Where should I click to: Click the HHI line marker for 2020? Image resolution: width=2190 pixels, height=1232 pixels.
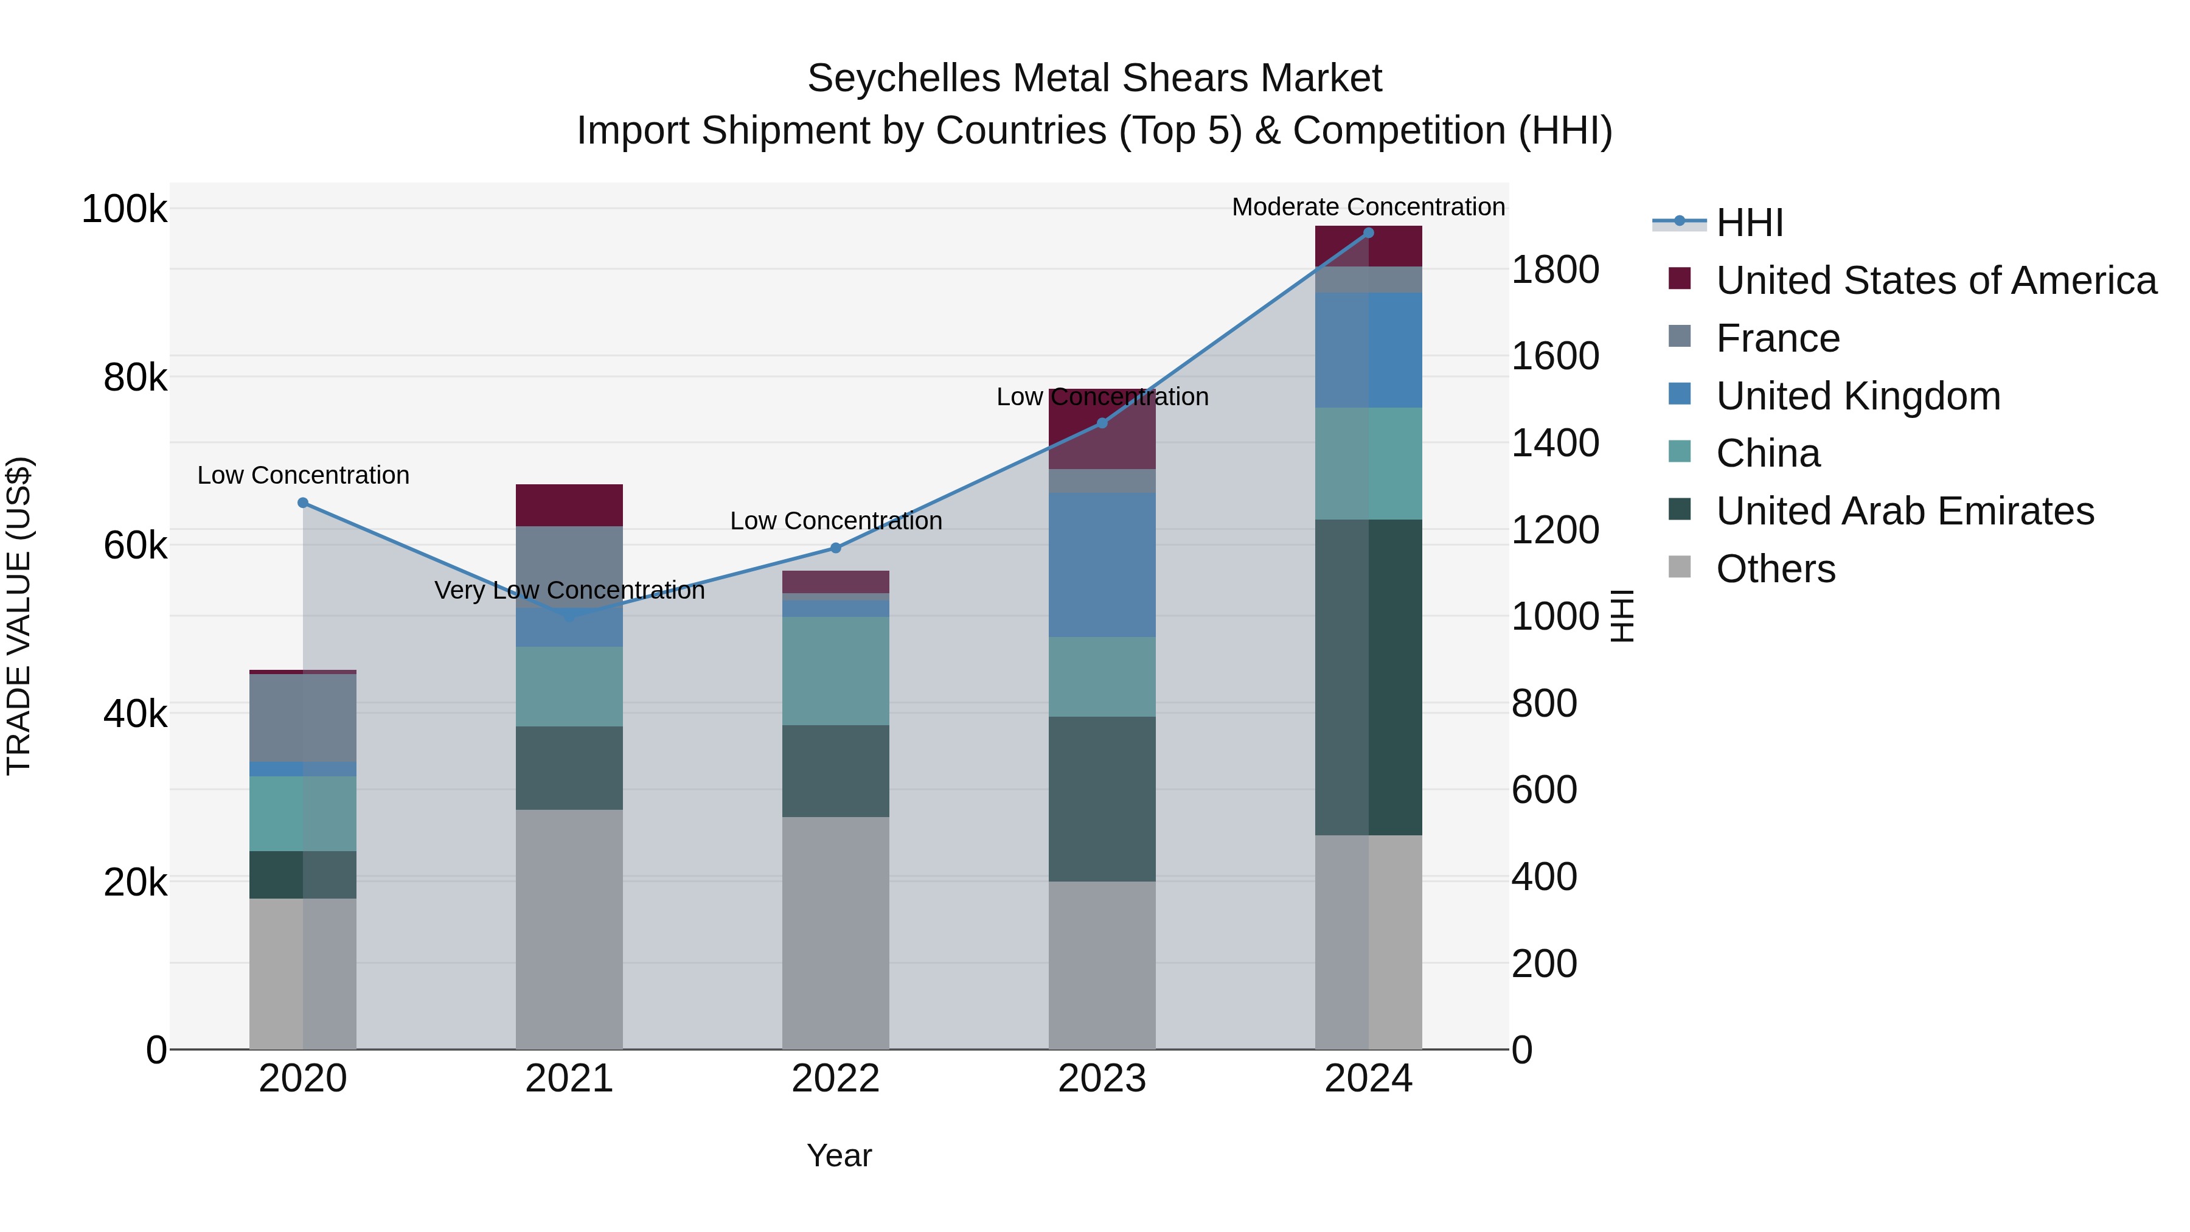point(303,503)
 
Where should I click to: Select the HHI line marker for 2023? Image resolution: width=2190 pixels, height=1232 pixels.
point(1102,423)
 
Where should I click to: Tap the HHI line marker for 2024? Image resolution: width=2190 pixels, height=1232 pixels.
point(1368,233)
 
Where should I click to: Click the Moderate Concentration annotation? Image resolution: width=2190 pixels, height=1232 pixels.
point(1368,207)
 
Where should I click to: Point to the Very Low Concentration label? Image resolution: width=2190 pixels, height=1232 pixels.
point(569,590)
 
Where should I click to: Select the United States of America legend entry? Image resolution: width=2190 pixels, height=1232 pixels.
point(1935,280)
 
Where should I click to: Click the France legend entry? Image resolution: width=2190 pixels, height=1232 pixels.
point(1777,338)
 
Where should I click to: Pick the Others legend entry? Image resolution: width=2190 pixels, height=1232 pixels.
point(1775,569)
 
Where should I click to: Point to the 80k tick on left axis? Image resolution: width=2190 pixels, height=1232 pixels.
point(134,377)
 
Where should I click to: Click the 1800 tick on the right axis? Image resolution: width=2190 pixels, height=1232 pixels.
point(1555,270)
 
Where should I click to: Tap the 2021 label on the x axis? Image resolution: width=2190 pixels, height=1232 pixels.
point(569,1079)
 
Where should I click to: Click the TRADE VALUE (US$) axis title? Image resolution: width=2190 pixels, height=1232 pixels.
point(19,616)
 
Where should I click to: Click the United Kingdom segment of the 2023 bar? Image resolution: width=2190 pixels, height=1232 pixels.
point(1102,565)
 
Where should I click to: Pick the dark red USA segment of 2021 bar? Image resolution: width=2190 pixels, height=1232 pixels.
point(569,505)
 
